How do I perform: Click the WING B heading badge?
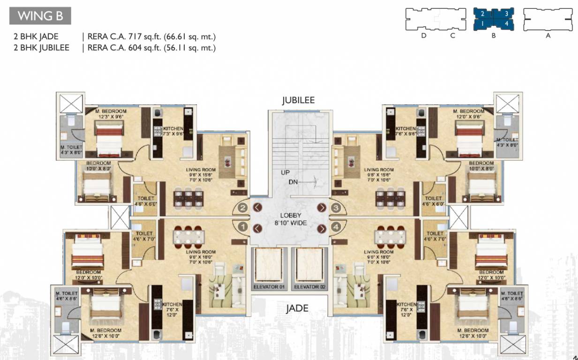40,16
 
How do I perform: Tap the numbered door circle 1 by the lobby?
243,227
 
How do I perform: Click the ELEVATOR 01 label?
269,287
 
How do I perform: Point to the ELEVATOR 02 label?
309,287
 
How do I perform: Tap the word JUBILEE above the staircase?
298,100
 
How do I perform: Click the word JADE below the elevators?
297,308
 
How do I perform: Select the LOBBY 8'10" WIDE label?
291,219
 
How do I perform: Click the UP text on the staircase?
285,172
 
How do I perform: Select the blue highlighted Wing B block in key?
494,19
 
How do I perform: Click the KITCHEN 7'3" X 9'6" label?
172,131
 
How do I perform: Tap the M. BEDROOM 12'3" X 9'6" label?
110,114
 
